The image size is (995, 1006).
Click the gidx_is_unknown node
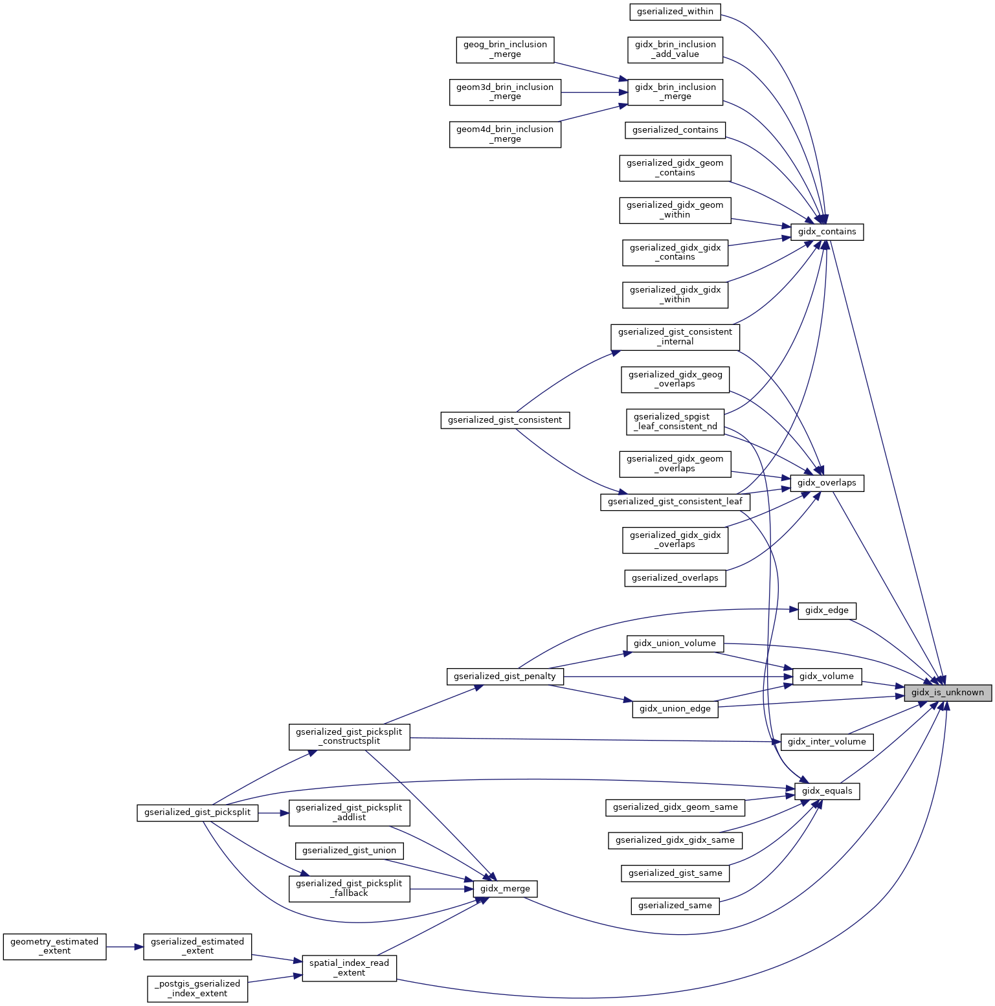(x=947, y=693)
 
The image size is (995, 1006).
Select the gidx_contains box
(x=827, y=232)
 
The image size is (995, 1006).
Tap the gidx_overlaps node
(x=827, y=483)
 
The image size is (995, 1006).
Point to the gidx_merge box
(x=505, y=889)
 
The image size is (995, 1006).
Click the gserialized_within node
(x=675, y=12)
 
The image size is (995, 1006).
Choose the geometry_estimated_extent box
(x=54, y=946)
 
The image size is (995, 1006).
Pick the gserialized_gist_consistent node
(x=505, y=420)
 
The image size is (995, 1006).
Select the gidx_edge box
(x=827, y=610)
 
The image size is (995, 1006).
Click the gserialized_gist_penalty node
(x=505, y=676)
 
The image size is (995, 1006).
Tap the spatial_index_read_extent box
(x=349, y=968)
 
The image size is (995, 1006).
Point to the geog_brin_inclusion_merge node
(x=505, y=50)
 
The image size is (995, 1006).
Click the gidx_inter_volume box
(x=827, y=742)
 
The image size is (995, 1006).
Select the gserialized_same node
(x=675, y=906)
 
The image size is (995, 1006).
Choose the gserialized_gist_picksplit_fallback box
(x=349, y=888)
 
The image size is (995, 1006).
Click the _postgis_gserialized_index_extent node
(x=197, y=989)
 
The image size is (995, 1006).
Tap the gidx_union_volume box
(x=675, y=643)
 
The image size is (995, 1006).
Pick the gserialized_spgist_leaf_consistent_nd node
(x=675, y=421)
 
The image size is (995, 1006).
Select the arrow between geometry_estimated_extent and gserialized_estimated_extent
(x=125, y=947)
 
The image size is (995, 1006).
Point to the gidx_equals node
(x=827, y=791)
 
